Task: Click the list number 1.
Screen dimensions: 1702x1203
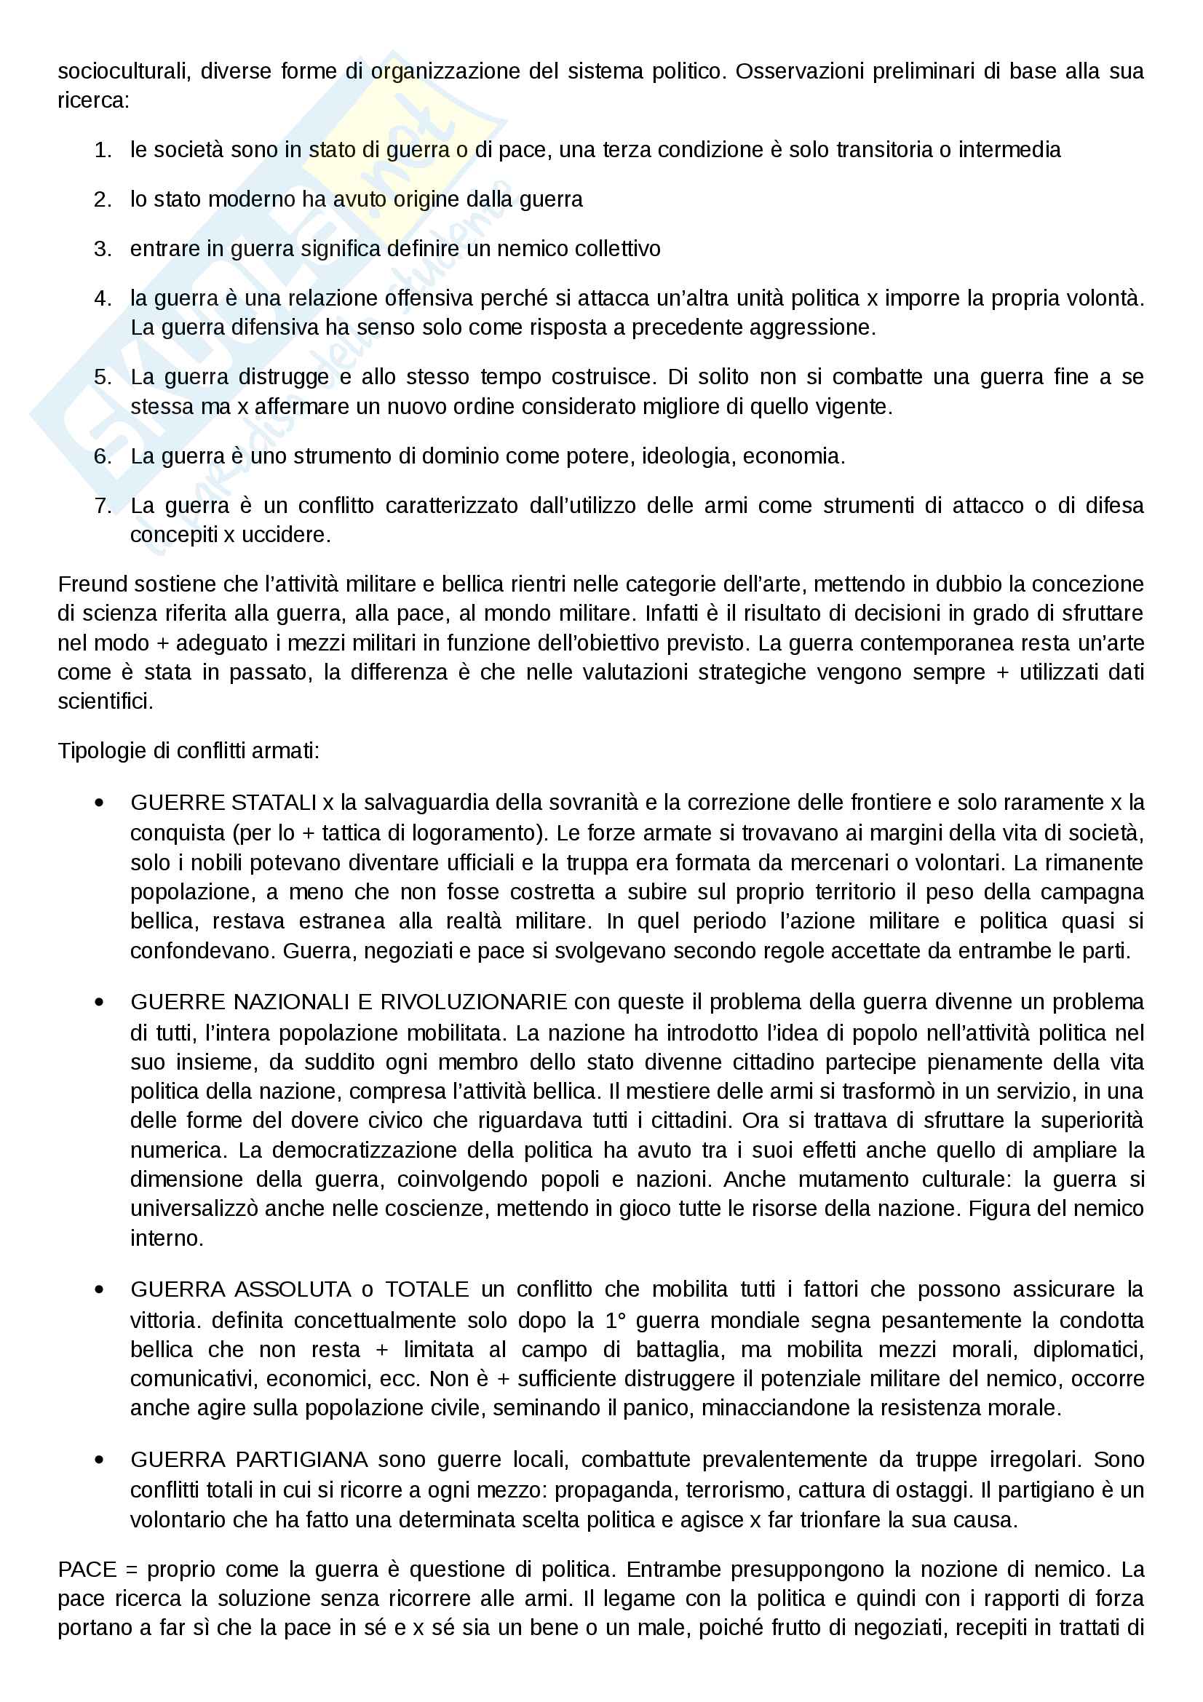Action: (103, 151)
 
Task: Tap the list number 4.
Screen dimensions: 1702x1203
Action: (103, 299)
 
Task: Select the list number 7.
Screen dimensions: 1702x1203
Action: (103, 506)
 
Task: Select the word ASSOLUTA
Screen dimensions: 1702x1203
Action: (293, 1289)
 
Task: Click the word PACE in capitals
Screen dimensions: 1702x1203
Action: (87, 1570)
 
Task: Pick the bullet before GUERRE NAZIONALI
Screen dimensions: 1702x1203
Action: (99, 1002)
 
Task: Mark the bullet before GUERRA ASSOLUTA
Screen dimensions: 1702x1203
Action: (99, 1289)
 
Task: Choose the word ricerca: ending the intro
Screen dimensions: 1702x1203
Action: (93, 101)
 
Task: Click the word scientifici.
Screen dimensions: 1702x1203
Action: (106, 701)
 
